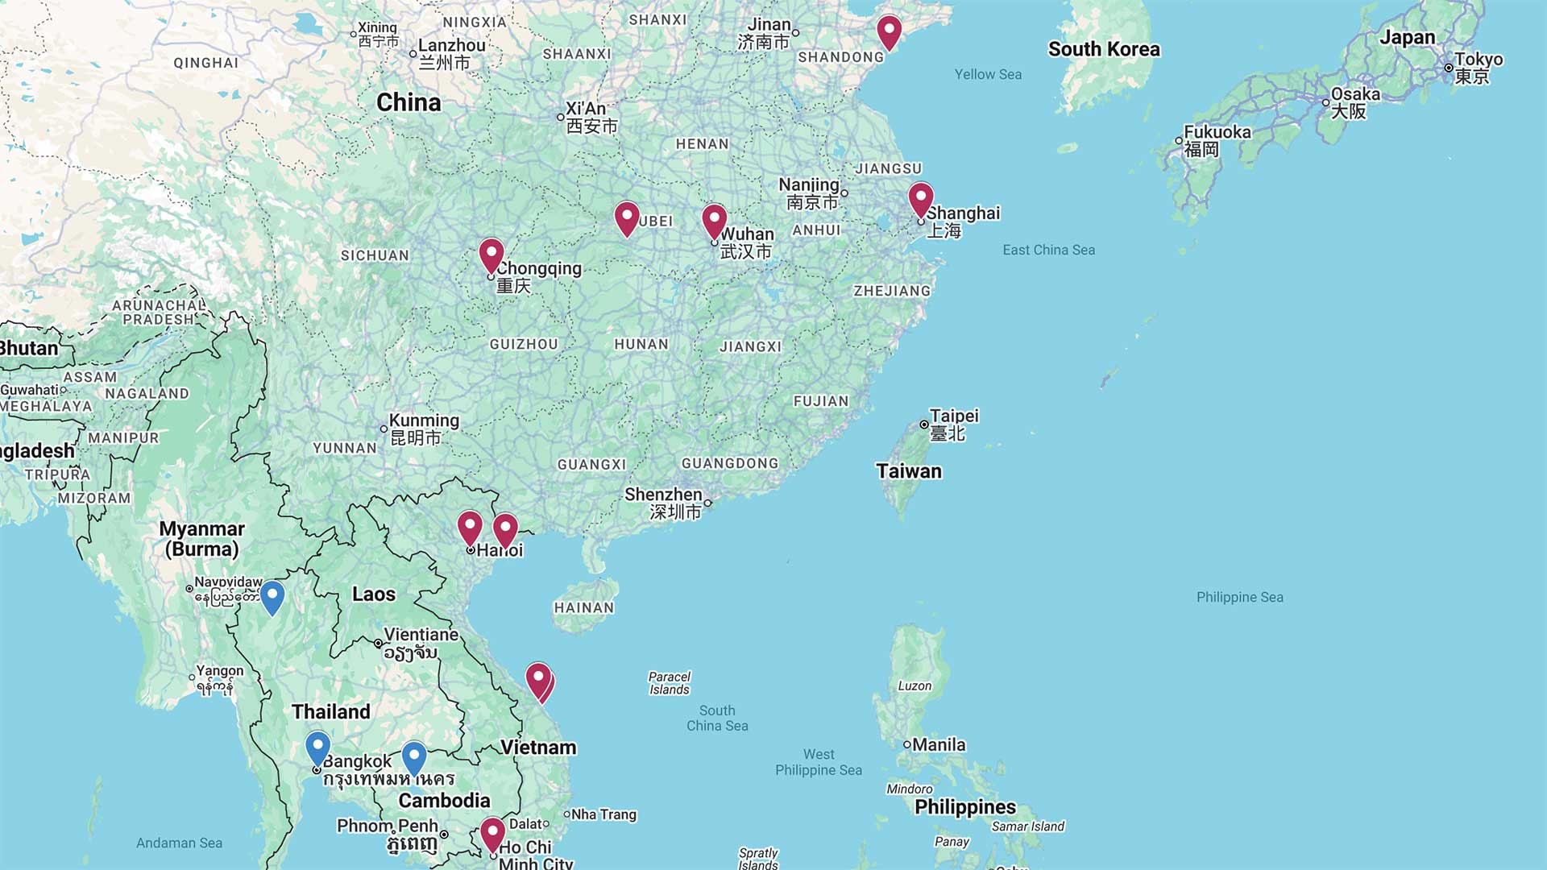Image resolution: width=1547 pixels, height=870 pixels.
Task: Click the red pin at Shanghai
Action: pyautogui.click(x=921, y=198)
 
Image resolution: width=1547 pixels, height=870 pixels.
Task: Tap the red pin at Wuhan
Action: pyautogui.click(x=714, y=219)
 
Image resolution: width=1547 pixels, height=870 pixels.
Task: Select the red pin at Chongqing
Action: pyautogui.click(x=491, y=254)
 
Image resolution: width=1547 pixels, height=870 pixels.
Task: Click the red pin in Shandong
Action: pyautogui.click(x=889, y=31)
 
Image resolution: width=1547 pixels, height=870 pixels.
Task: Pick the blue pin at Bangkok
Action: pyautogui.click(x=317, y=748)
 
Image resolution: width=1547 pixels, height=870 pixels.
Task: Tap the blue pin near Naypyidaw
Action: pyautogui.click(x=272, y=596)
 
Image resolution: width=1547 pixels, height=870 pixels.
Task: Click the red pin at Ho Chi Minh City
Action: pyautogui.click(x=492, y=833)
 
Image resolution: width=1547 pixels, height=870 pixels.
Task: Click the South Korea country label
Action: pyautogui.click(x=1104, y=49)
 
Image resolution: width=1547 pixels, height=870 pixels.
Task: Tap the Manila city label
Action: pyautogui.click(x=939, y=744)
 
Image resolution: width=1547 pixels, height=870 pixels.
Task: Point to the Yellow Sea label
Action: pyautogui.click(x=988, y=74)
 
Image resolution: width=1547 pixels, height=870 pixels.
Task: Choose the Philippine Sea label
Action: pyautogui.click(x=1239, y=597)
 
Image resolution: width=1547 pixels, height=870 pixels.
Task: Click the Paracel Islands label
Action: pyautogui.click(x=670, y=683)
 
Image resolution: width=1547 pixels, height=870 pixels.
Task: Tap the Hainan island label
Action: pyautogui.click(x=584, y=608)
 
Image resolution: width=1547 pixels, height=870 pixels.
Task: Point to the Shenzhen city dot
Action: pyautogui.click(x=707, y=503)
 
